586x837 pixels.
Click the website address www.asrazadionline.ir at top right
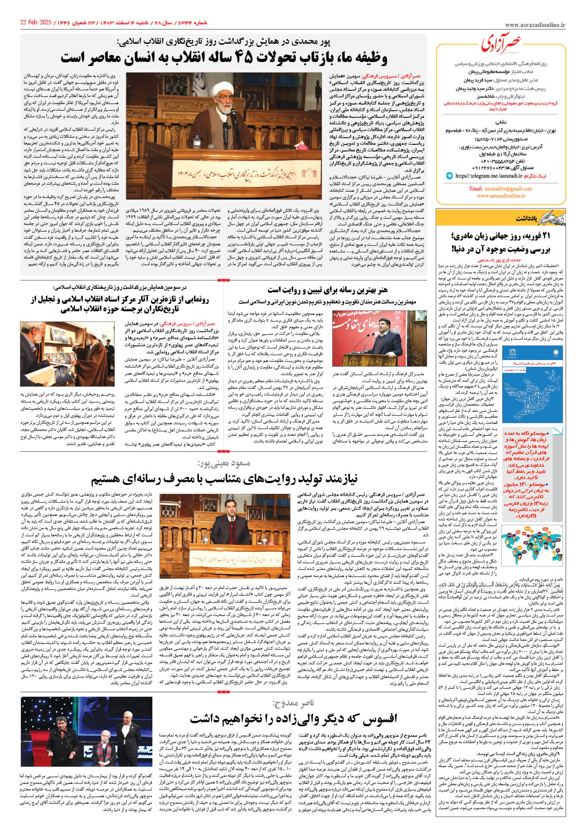click(x=535, y=26)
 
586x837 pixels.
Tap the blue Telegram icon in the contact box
click(x=450, y=176)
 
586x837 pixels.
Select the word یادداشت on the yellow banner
click(x=526, y=218)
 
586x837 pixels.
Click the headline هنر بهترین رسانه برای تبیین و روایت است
click(x=327, y=290)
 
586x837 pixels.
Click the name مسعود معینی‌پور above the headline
click(x=224, y=464)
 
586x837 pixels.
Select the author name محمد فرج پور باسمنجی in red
click(x=505, y=260)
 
